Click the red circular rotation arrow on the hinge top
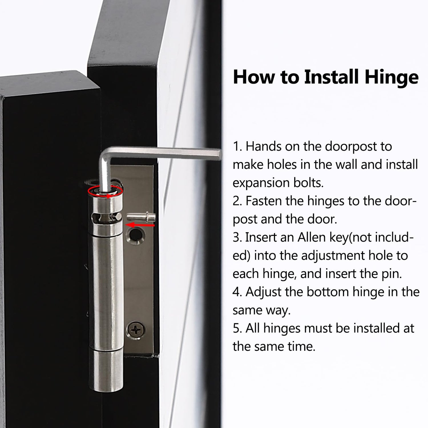tap(105, 191)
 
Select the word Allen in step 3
tap(310, 237)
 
